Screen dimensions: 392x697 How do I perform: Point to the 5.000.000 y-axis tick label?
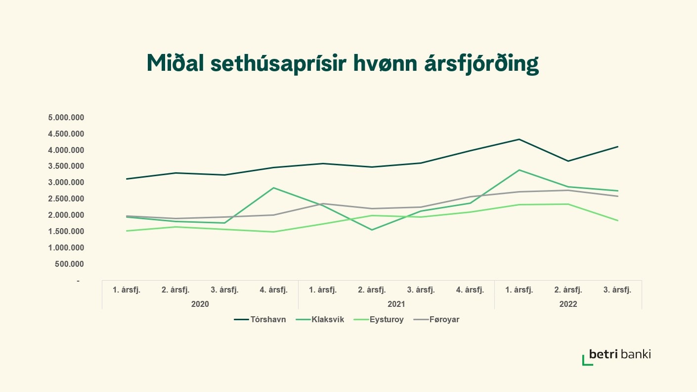tap(66, 118)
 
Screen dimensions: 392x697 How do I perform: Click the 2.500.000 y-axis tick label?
tap(66, 199)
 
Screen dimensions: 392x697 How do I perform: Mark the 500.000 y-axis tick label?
tap(70, 264)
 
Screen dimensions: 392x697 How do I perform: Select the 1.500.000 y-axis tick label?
tap(66, 232)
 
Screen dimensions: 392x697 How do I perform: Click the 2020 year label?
tap(200, 304)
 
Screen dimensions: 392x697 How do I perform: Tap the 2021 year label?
tap(396, 304)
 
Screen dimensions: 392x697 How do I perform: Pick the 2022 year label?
tap(568, 304)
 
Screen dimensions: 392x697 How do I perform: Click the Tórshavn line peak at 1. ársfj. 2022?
tap(519, 139)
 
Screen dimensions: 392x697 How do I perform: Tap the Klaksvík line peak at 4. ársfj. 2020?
tap(273, 188)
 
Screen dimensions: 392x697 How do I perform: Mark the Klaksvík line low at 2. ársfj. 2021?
tap(372, 230)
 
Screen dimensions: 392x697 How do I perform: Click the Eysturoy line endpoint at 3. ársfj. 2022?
tap(617, 220)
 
